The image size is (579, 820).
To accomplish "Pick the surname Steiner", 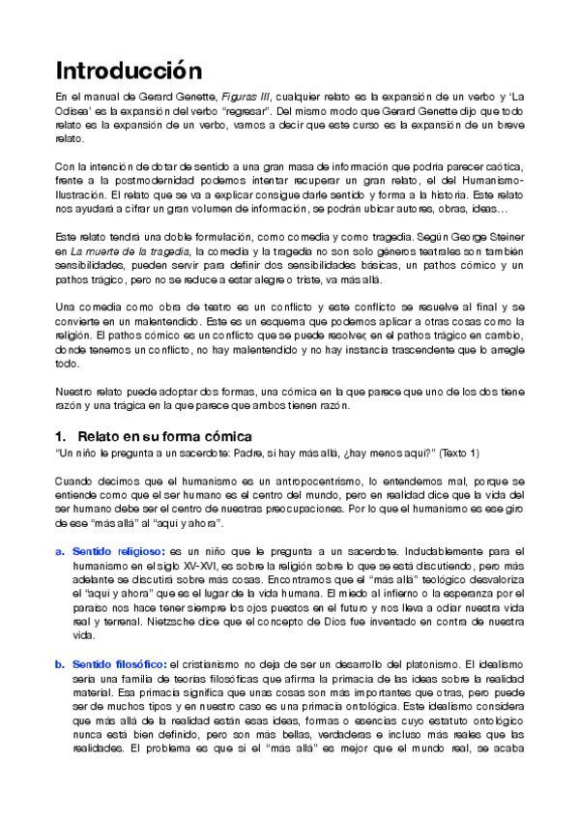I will coord(503,237).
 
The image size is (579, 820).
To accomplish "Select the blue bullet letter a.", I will coord(60,550).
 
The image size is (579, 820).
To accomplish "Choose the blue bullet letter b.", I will coord(60,664).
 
